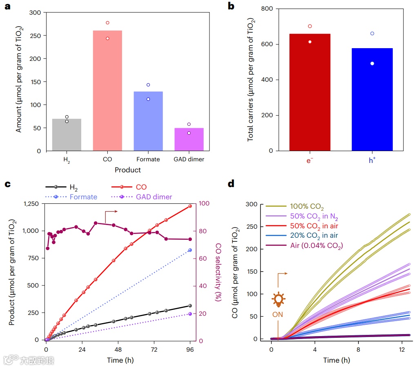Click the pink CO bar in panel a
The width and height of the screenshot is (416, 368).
click(107, 90)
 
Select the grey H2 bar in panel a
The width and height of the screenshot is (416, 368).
click(67, 135)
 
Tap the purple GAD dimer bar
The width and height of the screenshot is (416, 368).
click(189, 139)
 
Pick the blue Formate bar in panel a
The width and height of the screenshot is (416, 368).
click(148, 121)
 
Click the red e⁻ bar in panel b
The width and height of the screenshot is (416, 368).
click(310, 92)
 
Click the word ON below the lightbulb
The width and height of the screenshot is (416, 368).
click(278, 315)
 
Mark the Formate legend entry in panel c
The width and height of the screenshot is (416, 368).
click(83, 197)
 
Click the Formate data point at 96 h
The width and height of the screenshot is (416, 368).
click(190, 250)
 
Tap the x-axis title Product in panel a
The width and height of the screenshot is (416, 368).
click(127, 170)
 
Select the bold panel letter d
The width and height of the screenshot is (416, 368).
click(231, 183)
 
